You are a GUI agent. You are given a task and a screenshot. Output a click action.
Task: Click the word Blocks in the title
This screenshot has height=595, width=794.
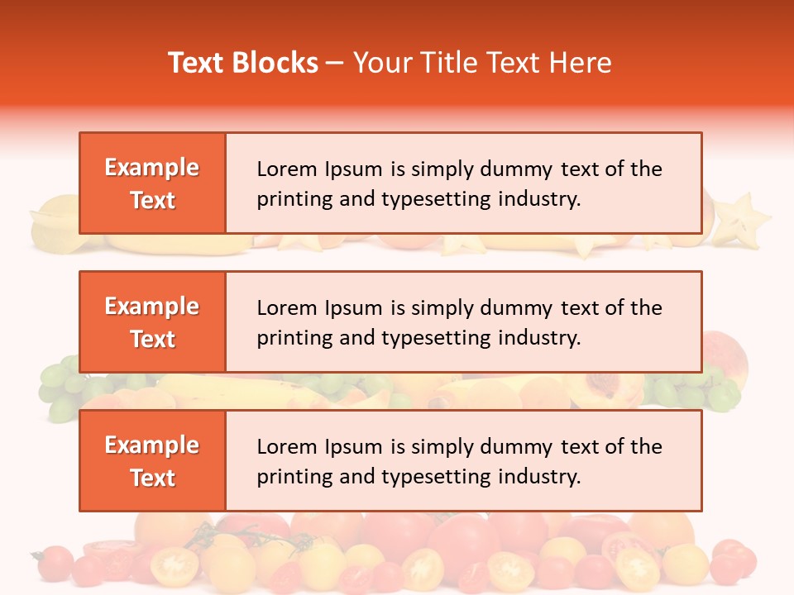click(x=275, y=63)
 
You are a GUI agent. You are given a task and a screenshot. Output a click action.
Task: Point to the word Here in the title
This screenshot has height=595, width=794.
click(x=581, y=63)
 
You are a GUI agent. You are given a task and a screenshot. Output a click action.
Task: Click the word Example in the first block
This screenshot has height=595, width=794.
click(x=152, y=168)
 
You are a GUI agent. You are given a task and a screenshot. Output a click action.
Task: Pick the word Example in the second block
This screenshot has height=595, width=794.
click(x=152, y=307)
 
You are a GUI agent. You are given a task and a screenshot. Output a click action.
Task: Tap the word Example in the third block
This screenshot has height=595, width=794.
click(x=152, y=445)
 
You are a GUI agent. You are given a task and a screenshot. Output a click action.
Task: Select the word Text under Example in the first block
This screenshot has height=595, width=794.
click(x=153, y=200)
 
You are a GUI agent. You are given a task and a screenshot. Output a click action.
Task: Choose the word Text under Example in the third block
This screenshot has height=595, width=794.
click(x=153, y=478)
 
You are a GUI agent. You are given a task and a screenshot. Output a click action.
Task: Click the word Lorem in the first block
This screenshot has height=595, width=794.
click(x=281, y=169)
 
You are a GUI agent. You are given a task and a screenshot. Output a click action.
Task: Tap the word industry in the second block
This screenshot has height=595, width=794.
click(x=538, y=338)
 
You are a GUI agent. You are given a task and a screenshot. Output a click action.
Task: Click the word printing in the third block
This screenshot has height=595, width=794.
click(x=287, y=477)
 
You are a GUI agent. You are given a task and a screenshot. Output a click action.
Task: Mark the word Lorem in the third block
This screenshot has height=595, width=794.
click(x=281, y=447)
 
